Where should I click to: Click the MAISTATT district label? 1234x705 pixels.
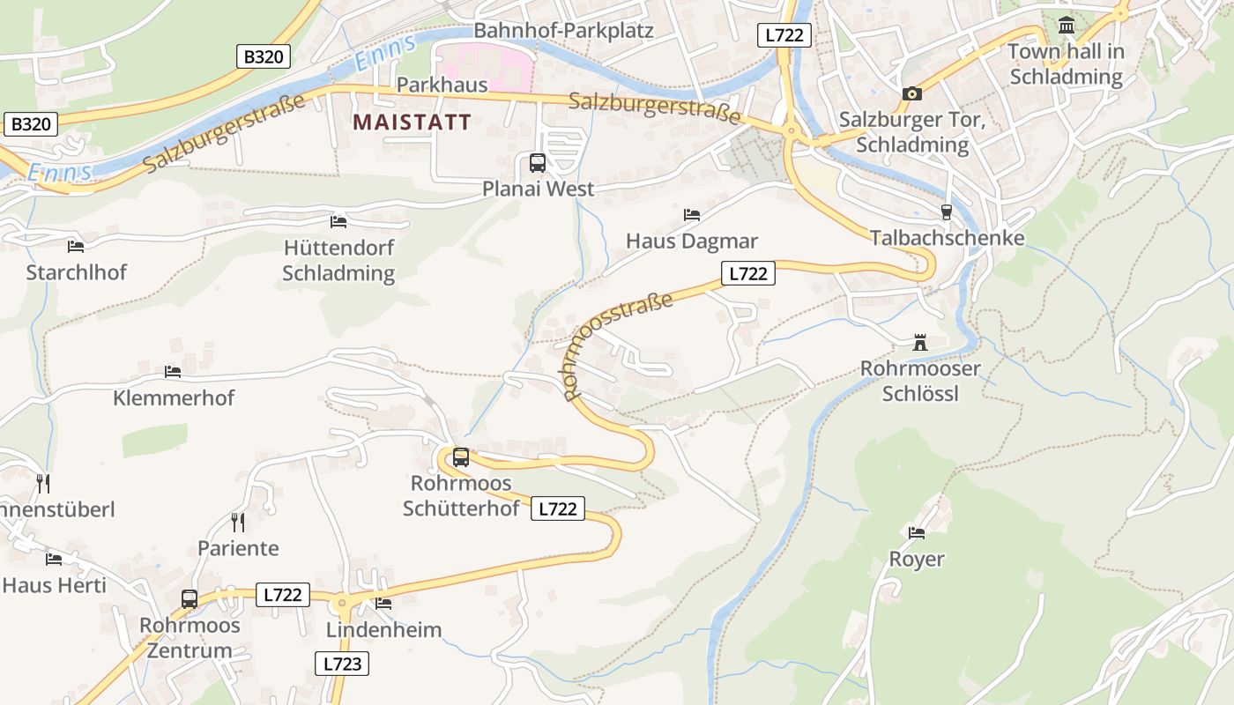point(413,122)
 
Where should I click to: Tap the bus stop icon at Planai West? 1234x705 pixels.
point(537,163)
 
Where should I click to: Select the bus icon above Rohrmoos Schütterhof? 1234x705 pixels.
point(461,457)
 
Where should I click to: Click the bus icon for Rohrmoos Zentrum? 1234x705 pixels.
point(190,599)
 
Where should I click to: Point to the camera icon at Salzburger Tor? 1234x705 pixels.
point(911,93)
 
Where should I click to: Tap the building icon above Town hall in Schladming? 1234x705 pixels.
point(1067,26)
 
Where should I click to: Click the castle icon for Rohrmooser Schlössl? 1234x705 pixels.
point(920,343)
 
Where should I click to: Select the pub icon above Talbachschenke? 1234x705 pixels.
point(947,212)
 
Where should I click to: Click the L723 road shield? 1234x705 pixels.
point(342,664)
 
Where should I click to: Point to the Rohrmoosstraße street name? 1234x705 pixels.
point(618,345)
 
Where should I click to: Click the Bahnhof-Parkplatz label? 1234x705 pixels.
point(563,31)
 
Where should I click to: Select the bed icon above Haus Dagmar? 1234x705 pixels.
point(692,215)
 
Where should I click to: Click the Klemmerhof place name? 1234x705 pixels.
point(174,397)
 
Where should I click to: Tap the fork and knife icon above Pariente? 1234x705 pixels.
point(237,523)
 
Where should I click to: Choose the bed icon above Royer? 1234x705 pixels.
point(917,533)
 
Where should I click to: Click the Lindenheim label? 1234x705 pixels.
point(383,630)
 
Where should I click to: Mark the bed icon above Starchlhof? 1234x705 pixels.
point(76,247)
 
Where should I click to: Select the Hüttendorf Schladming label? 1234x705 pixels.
point(338,260)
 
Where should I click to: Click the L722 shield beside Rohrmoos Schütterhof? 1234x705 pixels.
point(557,508)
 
